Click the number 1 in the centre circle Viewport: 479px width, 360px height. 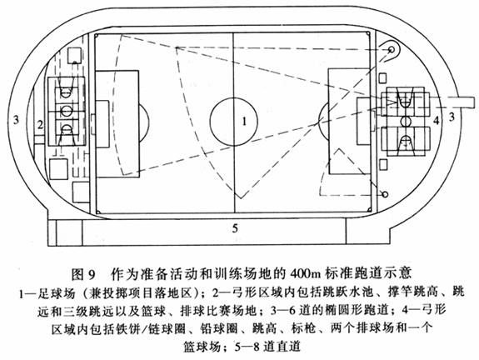244,122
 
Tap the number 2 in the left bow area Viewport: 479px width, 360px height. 40,125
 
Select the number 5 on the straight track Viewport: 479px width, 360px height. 235,228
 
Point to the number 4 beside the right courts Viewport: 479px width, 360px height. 437,120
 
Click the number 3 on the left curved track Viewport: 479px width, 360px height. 16,119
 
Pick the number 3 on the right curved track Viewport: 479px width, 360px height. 452,117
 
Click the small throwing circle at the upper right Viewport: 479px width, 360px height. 391,49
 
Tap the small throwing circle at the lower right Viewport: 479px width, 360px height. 385,194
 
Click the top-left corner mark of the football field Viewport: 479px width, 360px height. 97,36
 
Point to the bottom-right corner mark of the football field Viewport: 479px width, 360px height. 370,210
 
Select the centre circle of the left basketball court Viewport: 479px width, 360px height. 66,110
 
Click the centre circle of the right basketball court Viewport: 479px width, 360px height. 406,121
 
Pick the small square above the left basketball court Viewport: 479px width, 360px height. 74,55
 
